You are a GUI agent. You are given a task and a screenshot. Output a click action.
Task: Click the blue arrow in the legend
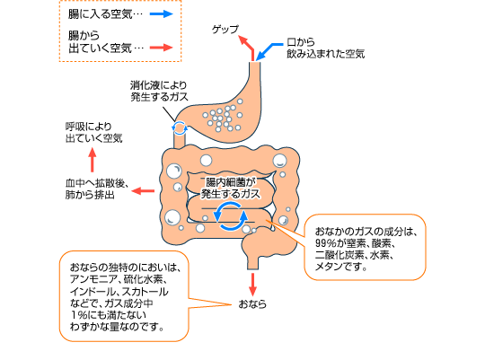161,14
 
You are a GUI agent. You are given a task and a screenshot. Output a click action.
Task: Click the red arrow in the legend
161,48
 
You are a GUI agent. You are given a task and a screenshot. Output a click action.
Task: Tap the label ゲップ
225,30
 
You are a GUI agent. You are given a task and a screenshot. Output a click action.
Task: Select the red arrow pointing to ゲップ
249,48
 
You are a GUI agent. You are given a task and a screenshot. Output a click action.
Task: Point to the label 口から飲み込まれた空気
326,48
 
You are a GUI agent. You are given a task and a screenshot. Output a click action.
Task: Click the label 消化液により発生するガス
159,91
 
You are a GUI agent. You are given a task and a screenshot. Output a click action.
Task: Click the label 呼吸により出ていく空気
94,132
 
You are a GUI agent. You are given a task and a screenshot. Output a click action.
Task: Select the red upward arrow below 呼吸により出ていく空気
93,160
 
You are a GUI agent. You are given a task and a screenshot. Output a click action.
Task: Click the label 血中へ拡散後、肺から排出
97,189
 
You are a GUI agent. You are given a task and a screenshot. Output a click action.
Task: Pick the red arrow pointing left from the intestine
143,191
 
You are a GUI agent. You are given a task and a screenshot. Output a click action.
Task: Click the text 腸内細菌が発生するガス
231,188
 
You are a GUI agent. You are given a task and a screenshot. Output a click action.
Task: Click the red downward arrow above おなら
252,285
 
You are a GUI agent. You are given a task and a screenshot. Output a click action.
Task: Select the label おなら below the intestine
252,304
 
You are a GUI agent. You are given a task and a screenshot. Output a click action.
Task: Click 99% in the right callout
326,243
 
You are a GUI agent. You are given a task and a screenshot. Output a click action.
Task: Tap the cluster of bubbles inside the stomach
223,117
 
